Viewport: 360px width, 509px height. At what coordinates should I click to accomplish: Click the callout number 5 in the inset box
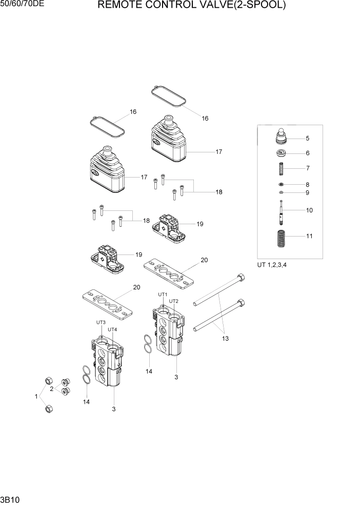307,138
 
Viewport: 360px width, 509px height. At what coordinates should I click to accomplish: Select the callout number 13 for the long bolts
225,339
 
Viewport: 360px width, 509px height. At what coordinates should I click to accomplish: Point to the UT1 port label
163,295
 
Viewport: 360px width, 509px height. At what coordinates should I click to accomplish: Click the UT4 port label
112,329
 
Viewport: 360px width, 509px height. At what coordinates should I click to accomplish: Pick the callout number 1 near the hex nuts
36,397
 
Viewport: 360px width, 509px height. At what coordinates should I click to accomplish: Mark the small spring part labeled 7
281,168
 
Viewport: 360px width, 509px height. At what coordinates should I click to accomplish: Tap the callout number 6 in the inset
307,153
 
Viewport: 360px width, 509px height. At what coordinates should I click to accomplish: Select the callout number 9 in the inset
307,193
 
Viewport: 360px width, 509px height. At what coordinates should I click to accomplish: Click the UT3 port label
101,322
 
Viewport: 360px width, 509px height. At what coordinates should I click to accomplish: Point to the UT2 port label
174,301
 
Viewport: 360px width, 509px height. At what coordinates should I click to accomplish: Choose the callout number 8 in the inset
307,184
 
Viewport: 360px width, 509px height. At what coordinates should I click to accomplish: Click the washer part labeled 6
281,153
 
